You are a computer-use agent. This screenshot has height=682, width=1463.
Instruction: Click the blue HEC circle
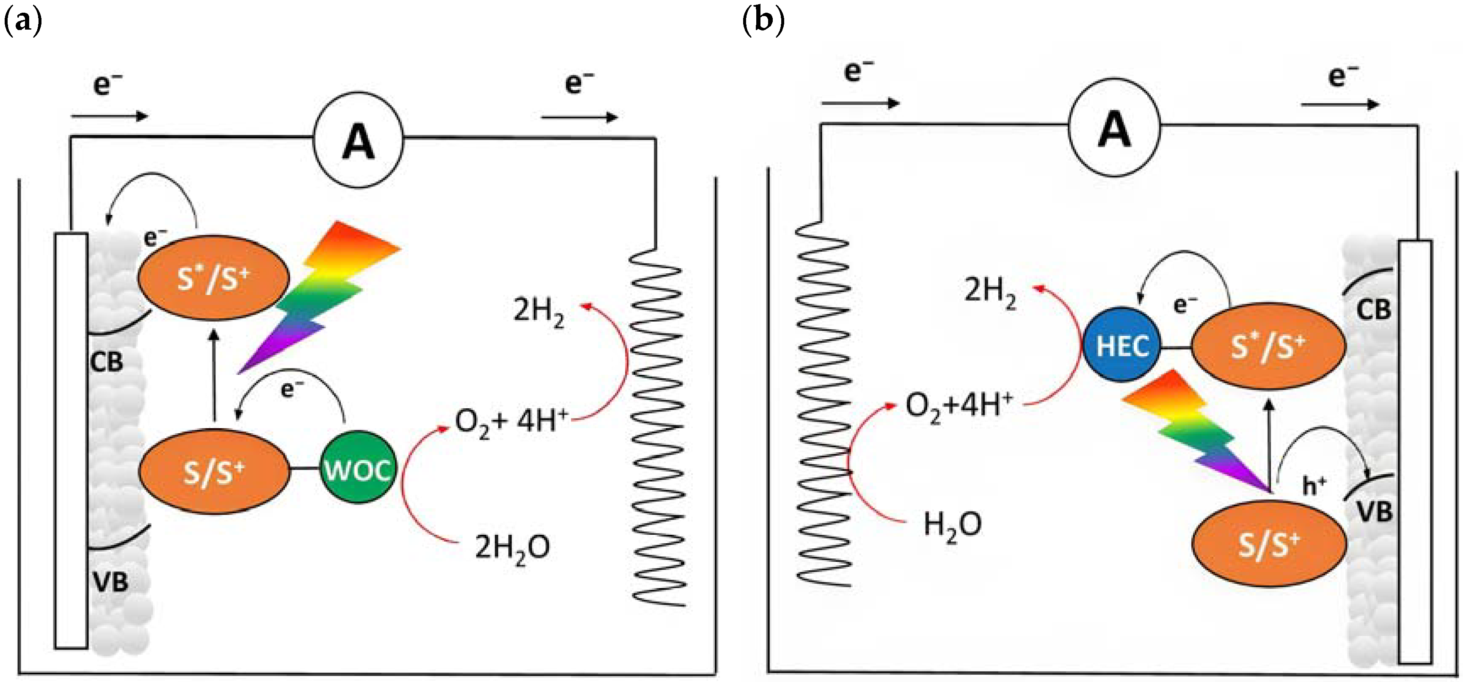point(1121,345)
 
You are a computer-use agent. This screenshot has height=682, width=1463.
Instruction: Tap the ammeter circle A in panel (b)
point(1114,129)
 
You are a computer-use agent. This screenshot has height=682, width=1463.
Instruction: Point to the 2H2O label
point(512,548)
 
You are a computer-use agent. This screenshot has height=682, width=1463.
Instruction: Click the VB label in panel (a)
point(110,581)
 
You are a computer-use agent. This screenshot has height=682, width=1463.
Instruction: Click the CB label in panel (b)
point(1373,310)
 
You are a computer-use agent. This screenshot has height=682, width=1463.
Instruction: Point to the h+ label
point(1314,486)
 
